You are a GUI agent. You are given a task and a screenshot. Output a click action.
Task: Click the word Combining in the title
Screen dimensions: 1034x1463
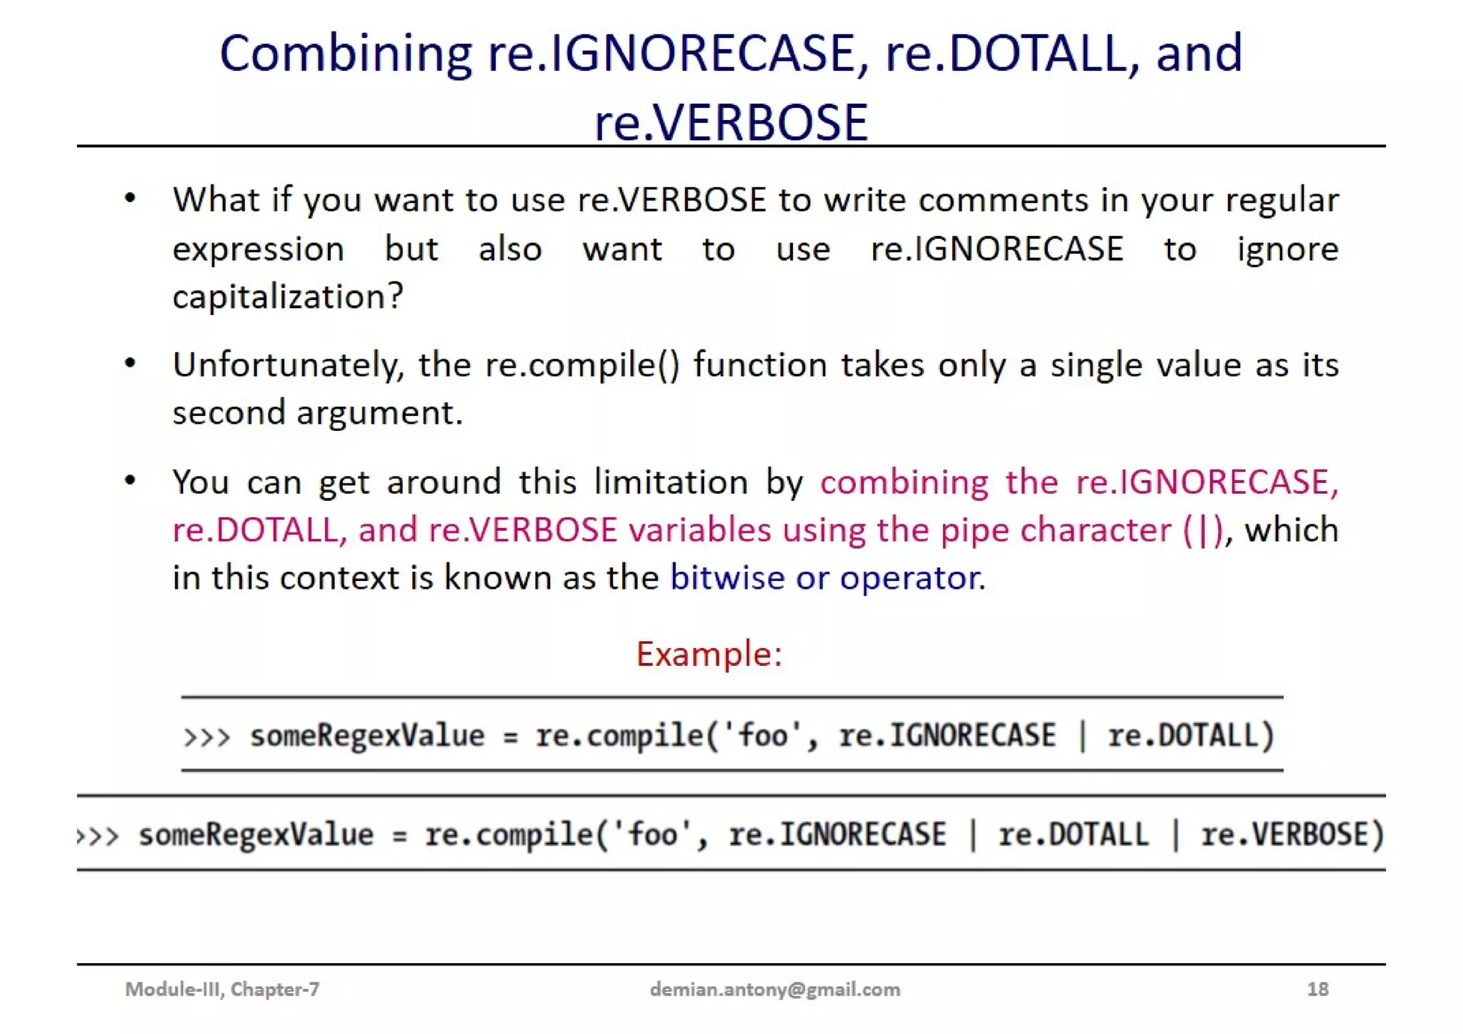[x=346, y=54]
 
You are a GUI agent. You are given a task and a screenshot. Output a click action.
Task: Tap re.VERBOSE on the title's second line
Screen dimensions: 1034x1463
[x=731, y=122]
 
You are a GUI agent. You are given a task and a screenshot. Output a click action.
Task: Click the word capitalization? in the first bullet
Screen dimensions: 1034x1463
[x=288, y=296]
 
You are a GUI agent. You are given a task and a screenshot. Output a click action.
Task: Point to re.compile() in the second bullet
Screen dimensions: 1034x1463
[x=582, y=365]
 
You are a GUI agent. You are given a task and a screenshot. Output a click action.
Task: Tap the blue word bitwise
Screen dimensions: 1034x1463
[x=726, y=577]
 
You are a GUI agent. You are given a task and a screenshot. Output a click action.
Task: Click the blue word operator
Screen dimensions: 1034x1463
[x=911, y=577]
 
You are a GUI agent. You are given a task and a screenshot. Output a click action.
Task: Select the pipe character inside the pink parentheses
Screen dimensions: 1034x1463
[x=1203, y=530]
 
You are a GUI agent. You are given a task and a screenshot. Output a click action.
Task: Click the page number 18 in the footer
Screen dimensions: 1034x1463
[x=1317, y=989]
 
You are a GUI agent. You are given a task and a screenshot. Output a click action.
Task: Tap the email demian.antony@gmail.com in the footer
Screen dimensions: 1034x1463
[x=774, y=989]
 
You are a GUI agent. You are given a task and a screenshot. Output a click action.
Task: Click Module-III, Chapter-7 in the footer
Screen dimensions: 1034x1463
[x=222, y=989]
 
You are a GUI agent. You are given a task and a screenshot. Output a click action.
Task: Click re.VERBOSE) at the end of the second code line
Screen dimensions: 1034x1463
[x=1292, y=835]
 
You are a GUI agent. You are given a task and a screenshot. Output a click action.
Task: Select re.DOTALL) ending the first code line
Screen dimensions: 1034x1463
[x=1191, y=735]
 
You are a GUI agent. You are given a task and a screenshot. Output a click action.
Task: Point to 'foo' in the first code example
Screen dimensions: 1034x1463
[x=764, y=735]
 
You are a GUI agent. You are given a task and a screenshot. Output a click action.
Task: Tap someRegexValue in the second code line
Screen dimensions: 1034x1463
[x=256, y=835]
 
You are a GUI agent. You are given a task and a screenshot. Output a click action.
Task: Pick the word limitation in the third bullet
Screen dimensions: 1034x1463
[x=671, y=482]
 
